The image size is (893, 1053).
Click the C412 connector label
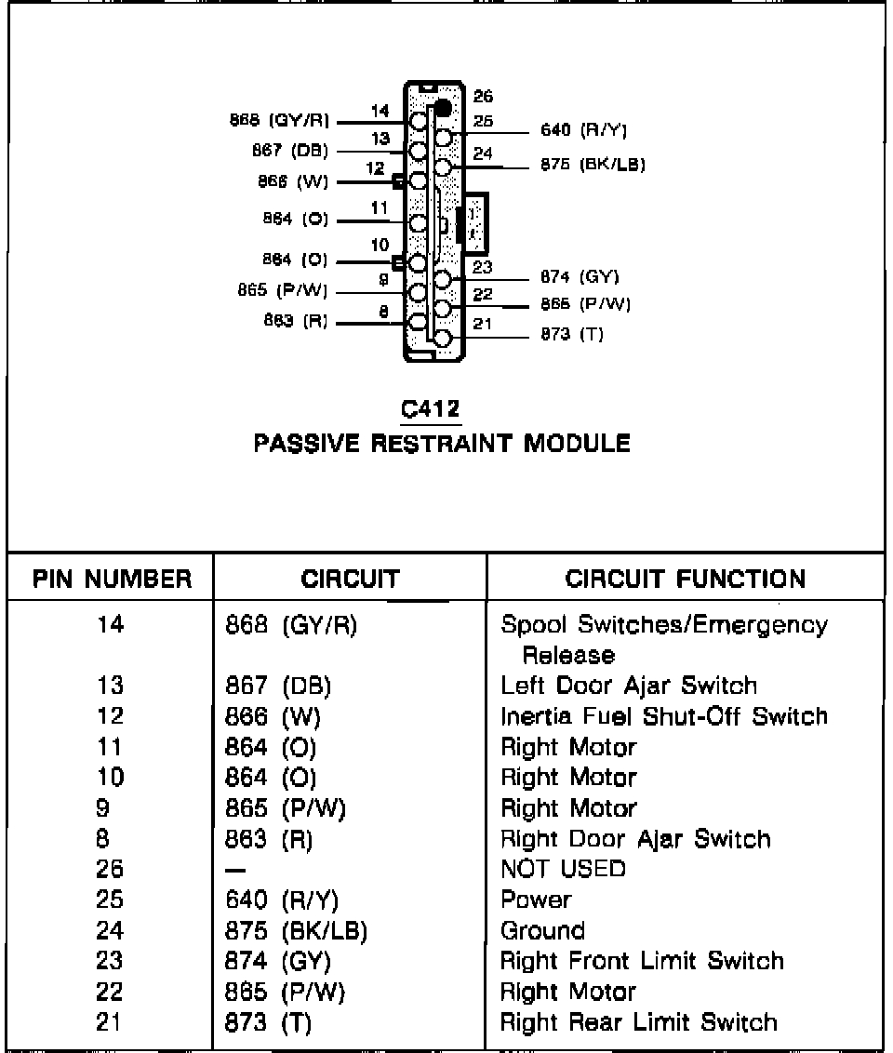tap(431, 408)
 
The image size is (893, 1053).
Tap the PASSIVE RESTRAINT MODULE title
tap(442, 443)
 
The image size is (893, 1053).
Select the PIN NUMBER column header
tap(112, 580)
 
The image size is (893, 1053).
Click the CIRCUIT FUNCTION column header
tap(686, 580)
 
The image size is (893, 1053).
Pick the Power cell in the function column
tap(536, 900)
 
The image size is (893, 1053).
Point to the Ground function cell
tap(542, 930)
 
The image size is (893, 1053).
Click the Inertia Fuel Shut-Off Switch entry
tap(663, 716)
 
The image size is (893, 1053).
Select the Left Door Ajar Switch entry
tap(629, 686)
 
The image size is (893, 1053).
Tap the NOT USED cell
tap(563, 869)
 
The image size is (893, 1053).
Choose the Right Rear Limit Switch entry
tap(638, 1022)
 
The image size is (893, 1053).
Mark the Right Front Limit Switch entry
tap(642, 961)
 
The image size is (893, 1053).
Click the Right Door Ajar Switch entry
tap(635, 839)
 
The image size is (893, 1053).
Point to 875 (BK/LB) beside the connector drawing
tap(593, 166)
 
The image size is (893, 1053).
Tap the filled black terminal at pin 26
tap(444, 107)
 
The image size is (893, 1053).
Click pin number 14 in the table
tap(110, 624)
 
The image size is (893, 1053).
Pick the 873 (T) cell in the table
tap(268, 1022)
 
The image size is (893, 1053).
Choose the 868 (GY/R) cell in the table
tap(291, 624)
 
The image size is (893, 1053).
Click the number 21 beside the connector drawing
tap(483, 324)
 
